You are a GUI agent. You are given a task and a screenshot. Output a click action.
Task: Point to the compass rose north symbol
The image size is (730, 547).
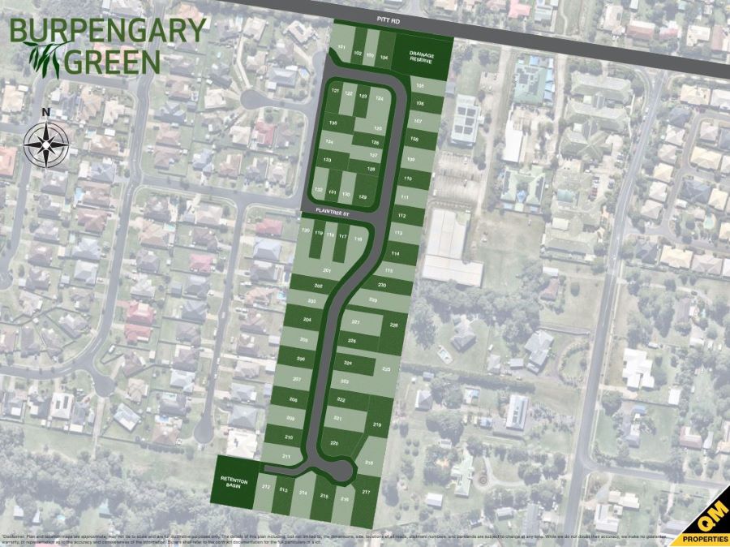[x=46, y=144]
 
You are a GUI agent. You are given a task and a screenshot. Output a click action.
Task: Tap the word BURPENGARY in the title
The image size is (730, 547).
[x=109, y=31]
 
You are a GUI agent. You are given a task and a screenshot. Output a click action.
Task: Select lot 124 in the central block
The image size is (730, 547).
[x=378, y=97]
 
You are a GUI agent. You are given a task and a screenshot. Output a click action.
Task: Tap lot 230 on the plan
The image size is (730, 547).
[x=382, y=286]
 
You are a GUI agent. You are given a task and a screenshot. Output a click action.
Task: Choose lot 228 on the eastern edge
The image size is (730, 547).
[x=394, y=325]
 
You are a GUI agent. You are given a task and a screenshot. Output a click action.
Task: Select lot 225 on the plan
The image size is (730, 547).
[x=387, y=369]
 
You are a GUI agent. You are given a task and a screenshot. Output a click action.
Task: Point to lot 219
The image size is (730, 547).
[x=377, y=424]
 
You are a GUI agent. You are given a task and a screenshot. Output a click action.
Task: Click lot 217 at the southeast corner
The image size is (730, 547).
[x=367, y=492]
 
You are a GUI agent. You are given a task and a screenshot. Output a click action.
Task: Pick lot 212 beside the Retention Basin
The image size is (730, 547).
[x=266, y=488]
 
